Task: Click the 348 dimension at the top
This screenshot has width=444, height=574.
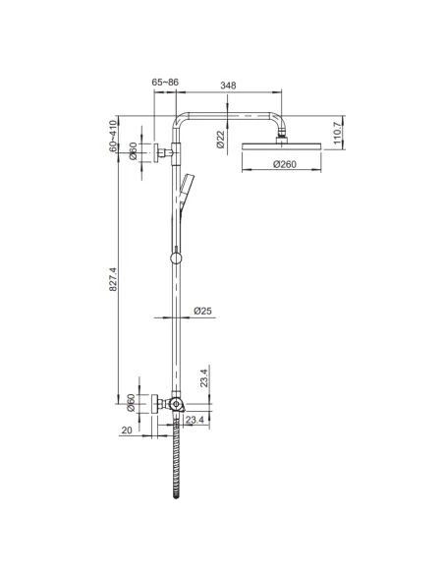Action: (228, 86)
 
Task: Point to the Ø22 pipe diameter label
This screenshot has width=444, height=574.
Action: (221, 140)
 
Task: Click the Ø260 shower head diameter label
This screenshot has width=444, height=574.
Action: (284, 164)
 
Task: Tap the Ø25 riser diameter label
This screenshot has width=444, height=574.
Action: (203, 311)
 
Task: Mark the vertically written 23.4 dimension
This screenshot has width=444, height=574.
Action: (203, 378)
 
